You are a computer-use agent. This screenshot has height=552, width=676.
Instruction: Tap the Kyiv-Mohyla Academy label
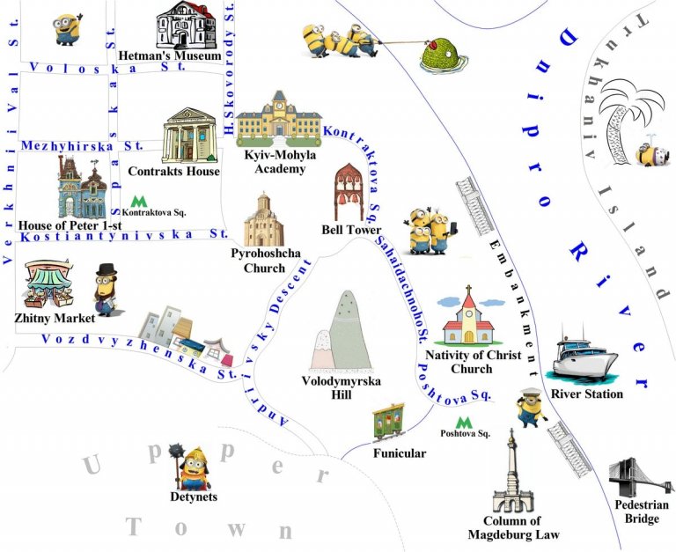tap(279, 161)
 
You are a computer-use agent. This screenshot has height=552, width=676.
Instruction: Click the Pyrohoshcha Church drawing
tap(263, 219)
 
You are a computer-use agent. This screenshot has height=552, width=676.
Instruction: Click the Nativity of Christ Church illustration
tap(467, 318)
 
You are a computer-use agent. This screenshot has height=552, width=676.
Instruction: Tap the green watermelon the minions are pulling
tap(437, 56)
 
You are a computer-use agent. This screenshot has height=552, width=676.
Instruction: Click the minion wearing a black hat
tap(107, 290)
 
